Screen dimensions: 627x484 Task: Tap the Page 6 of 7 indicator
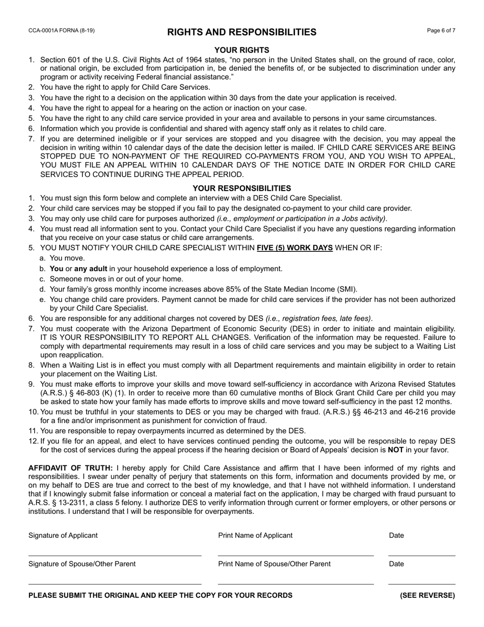tap(441, 31)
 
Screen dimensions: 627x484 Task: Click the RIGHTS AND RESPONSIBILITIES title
tap(241, 33)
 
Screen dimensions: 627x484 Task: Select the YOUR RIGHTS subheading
tap(241, 50)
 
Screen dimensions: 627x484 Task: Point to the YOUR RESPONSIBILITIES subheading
tap(241, 188)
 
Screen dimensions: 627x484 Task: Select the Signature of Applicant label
tap(63, 535)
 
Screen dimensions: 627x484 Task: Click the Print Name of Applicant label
tap(255, 535)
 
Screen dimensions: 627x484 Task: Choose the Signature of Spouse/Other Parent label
tap(82, 564)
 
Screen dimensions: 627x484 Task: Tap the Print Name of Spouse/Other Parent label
tap(274, 564)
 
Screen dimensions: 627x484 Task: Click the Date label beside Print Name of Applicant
tap(396, 535)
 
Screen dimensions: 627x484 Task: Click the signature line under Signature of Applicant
tap(115, 555)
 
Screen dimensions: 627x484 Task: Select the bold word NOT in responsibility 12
tap(395, 450)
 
